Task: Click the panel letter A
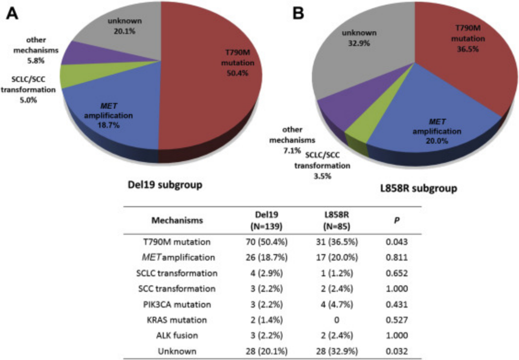click(x=12, y=14)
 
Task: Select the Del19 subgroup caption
click(x=158, y=186)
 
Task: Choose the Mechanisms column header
click(x=177, y=221)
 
